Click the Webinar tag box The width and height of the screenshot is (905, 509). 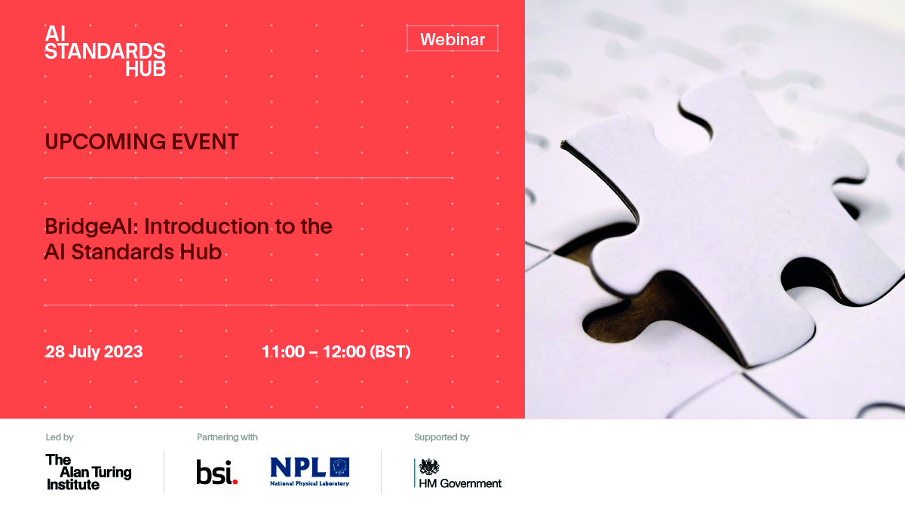[452, 38]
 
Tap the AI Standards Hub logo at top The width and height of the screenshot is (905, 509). [105, 51]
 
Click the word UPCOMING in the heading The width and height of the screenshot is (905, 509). [105, 142]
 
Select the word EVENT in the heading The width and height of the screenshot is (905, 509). [205, 142]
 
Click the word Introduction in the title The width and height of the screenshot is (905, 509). [207, 226]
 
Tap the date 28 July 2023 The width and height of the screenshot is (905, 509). [94, 352]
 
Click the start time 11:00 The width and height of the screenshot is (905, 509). [284, 351]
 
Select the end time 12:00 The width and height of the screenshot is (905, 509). [344, 351]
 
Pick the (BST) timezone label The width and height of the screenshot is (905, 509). [391, 351]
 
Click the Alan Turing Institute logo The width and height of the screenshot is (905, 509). [88, 472]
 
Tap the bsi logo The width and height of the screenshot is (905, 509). [217, 472]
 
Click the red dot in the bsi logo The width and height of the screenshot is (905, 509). [235, 481]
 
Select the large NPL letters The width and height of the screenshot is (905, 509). [298, 467]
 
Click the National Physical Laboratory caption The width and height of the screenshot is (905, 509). [309, 483]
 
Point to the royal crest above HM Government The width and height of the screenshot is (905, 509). [429, 467]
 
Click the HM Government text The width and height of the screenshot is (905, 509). [460, 483]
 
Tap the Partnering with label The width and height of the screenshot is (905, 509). [227, 437]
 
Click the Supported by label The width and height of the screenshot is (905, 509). [442, 437]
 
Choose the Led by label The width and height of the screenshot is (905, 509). [60, 437]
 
